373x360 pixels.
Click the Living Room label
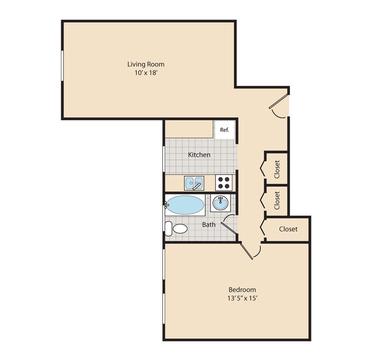click(149, 64)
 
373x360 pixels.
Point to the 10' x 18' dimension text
click(149, 73)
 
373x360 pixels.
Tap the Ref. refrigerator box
click(224, 130)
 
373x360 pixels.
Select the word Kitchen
click(199, 155)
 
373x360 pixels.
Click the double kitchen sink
click(194, 183)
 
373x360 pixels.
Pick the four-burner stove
click(224, 183)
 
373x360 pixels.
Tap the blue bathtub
click(185, 205)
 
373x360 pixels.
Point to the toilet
click(176, 229)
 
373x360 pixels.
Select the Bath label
click(209, 224)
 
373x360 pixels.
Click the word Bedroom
click(242, 289)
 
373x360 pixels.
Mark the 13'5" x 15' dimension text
click(242, 299)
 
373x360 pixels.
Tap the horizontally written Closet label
click(288, 229)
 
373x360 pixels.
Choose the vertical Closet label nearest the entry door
click(277, 169)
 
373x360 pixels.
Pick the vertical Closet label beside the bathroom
click(277, 200)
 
